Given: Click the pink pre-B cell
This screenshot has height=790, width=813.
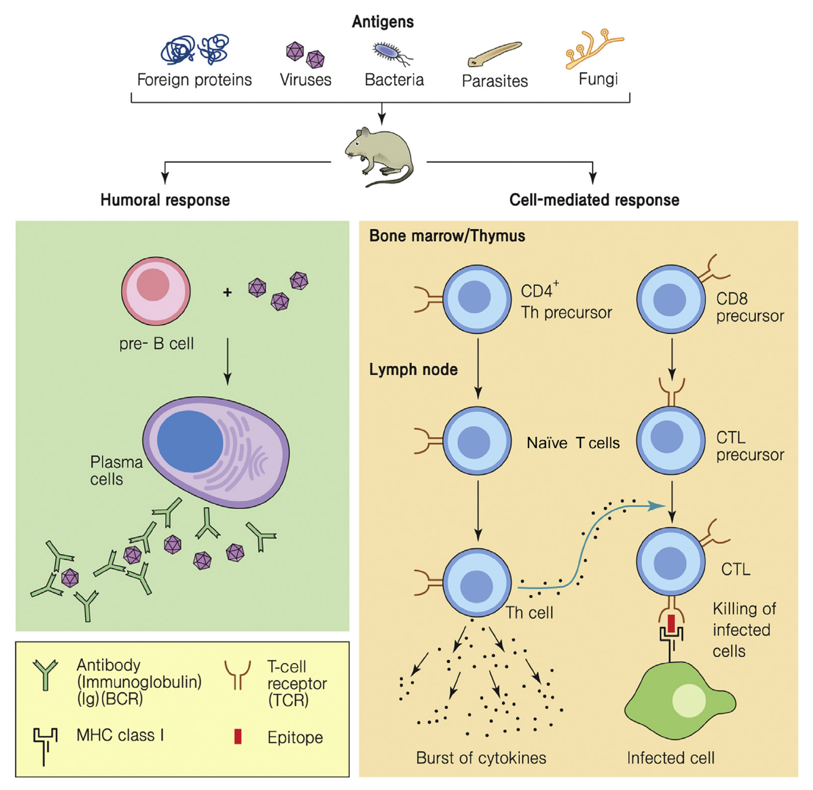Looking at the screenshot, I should click(x=156, y=290).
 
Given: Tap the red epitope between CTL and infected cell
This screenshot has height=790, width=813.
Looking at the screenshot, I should click(x=671, y=624).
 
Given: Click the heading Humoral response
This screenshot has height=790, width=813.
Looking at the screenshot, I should click(x=165, y=200).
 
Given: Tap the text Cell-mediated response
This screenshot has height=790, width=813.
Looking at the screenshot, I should click(x=594, y=200).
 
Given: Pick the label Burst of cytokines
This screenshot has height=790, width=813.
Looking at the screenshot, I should click(x=481, y=758).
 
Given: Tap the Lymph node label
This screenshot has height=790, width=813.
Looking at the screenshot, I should click(x=413, y=369).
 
